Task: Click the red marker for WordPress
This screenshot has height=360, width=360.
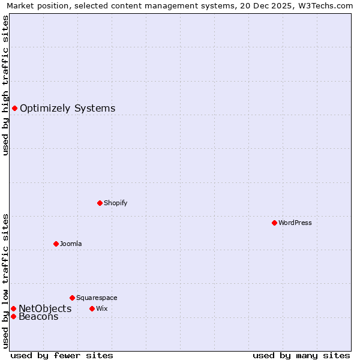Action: point(274,223)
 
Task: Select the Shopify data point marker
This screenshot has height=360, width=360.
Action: point(100,203)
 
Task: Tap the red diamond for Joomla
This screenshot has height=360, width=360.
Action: point(56,244)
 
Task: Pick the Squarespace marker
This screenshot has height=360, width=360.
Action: point(72,298)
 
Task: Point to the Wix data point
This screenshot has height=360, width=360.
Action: point(92,308)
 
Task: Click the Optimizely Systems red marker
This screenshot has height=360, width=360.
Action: point(14,108)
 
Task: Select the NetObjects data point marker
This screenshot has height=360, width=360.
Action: point(13,308)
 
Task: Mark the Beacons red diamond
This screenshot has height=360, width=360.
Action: point(13,316)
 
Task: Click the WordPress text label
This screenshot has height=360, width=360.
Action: point(295,223)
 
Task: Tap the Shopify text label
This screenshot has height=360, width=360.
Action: point(116,203)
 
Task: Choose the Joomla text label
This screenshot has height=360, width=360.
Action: point(71,244)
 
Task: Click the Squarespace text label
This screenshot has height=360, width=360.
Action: point(97,298)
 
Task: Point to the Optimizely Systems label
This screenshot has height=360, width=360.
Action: point(67,109)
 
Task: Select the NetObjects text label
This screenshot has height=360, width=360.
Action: point(45,308)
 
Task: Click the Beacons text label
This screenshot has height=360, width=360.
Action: point(38,317)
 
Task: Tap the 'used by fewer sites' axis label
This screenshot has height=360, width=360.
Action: point(62,355)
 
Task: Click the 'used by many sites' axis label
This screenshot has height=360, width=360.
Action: point(301,355)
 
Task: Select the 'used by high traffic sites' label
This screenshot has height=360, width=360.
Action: point(5,86)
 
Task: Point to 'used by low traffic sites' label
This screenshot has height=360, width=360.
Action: point(5,281)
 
